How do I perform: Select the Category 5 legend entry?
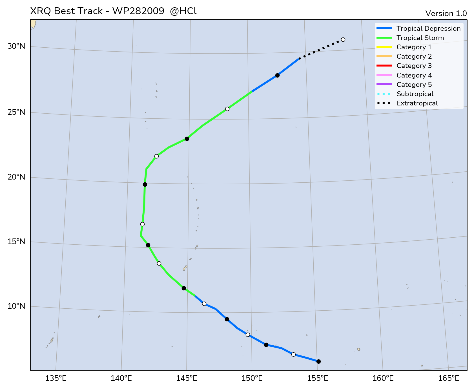[x=414, y=85]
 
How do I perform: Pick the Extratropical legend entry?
[x=417, y=103]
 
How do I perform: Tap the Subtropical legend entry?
[x=415, y=94]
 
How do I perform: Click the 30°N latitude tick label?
[x=16, y=46]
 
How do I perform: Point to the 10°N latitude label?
[x=16, y=306]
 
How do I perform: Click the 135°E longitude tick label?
[x=56, y=378]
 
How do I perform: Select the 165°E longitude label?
[x=448, y=378]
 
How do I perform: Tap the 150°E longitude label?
[x=252, y=378]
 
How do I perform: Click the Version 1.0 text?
[x=446, y=14]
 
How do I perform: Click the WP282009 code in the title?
[x=138, y=11]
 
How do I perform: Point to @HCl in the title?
[x=183, y=11]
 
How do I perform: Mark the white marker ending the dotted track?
[x=343, y=39]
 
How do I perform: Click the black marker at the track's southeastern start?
[x=318, y=361]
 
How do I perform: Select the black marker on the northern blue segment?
[x=277, y=75]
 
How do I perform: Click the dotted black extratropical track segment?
[x=321, y=49]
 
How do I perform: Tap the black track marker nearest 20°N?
[x=145, y=184]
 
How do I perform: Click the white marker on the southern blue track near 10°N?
[x=204, y=304]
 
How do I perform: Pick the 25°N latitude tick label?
[x=16, y=112]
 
